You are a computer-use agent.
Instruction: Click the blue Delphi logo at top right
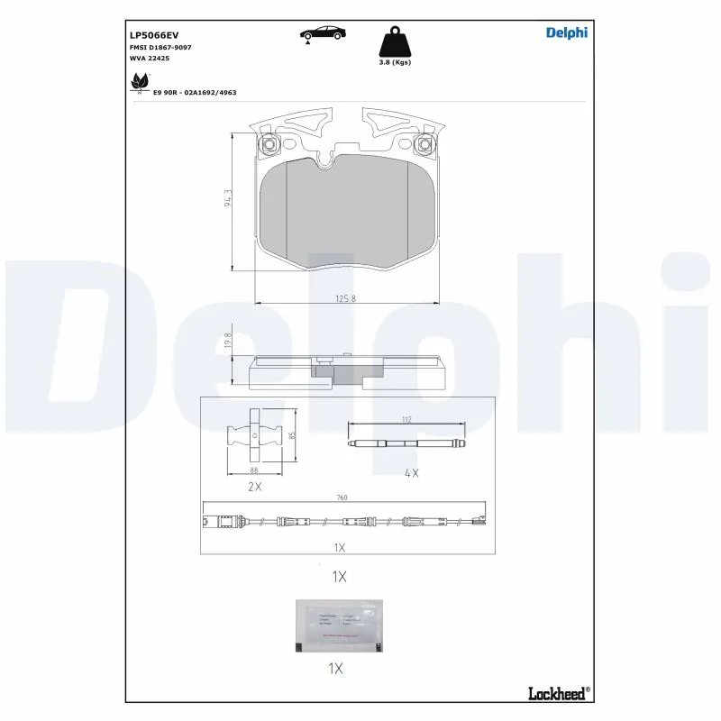(566, 33)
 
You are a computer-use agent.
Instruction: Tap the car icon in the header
(322, 33)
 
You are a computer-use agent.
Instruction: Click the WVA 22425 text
(150, 58)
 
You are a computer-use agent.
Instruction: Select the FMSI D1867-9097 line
(161, 47)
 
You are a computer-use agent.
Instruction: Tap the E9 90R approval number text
(195, 93)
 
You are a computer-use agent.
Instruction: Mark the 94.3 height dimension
(229, 198)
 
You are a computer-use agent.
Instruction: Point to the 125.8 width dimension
(346, 298)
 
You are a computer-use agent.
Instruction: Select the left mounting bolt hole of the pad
(267, 143)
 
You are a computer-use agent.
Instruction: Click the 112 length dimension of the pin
(406, 418)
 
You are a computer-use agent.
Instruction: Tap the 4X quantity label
(412, 472)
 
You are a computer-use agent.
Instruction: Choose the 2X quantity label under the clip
(255, 487)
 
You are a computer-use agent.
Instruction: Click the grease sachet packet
(338, 625)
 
